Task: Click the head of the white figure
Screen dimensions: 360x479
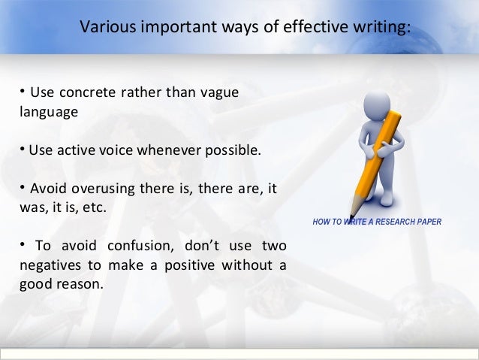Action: click(378, 104)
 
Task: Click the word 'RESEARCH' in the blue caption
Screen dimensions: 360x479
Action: click(393, 222)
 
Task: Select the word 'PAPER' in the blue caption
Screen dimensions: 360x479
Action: click(428, 222)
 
